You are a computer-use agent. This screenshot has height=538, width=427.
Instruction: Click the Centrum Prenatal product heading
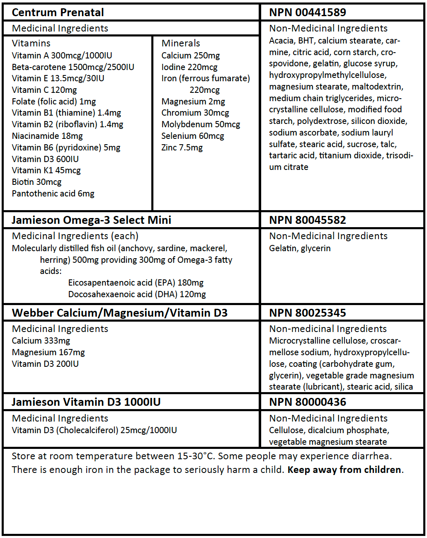pyautogui.click(x=58, y=12)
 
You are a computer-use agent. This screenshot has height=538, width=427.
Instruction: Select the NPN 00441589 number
pyautogui.click(x=307, y=12)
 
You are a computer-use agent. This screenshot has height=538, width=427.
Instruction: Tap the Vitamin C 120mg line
pyautogui.click(x=44, y=90)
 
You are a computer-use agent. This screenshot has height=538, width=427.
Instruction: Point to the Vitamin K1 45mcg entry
pyautogui.click(x=46, y=170)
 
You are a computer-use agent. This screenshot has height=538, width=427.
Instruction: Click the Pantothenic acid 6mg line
pyautogui.click(x=53, y=194)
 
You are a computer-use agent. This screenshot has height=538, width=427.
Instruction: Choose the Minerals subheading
pyautogui.click(x=180, y=43)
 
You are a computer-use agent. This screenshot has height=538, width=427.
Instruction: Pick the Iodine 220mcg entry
pyautogui.click(x=189, y=67)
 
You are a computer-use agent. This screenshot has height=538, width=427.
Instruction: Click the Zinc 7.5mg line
pyautogui.click(x=182, y=148)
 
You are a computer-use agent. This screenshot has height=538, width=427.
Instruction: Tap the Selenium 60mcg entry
pyautogui.click(x=192, y=136)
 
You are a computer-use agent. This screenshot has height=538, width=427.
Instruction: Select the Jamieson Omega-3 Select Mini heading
pyautogui.click(x=91, y=220)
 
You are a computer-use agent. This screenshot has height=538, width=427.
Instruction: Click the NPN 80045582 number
pyautogui.click(x=307, y=220)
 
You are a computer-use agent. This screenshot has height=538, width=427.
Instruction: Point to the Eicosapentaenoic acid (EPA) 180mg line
pyautogui.click(x=136, y=283)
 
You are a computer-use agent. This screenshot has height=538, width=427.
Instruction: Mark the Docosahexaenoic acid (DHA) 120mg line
pyautogui.click(x=137, y=294)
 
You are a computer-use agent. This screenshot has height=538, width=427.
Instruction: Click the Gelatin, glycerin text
pyautogui.click(x=300, y=248)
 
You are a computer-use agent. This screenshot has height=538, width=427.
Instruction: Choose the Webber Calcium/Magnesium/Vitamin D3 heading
pyautogui.click(x=119, y=313)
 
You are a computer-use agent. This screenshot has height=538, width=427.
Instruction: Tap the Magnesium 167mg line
pyautogui.click(x=48, y=352)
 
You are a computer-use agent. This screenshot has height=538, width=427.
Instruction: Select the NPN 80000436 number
pyautogui.click(x=307, y=402)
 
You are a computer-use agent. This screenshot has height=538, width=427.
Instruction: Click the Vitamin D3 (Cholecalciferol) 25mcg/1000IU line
pyautogui.click(x=94, y=430)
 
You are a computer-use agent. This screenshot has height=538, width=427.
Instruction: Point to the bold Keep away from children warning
pyautogui.click(x=344, y=470)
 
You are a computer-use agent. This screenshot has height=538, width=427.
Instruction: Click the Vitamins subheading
pyautogui.click(x=31, y=43)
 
